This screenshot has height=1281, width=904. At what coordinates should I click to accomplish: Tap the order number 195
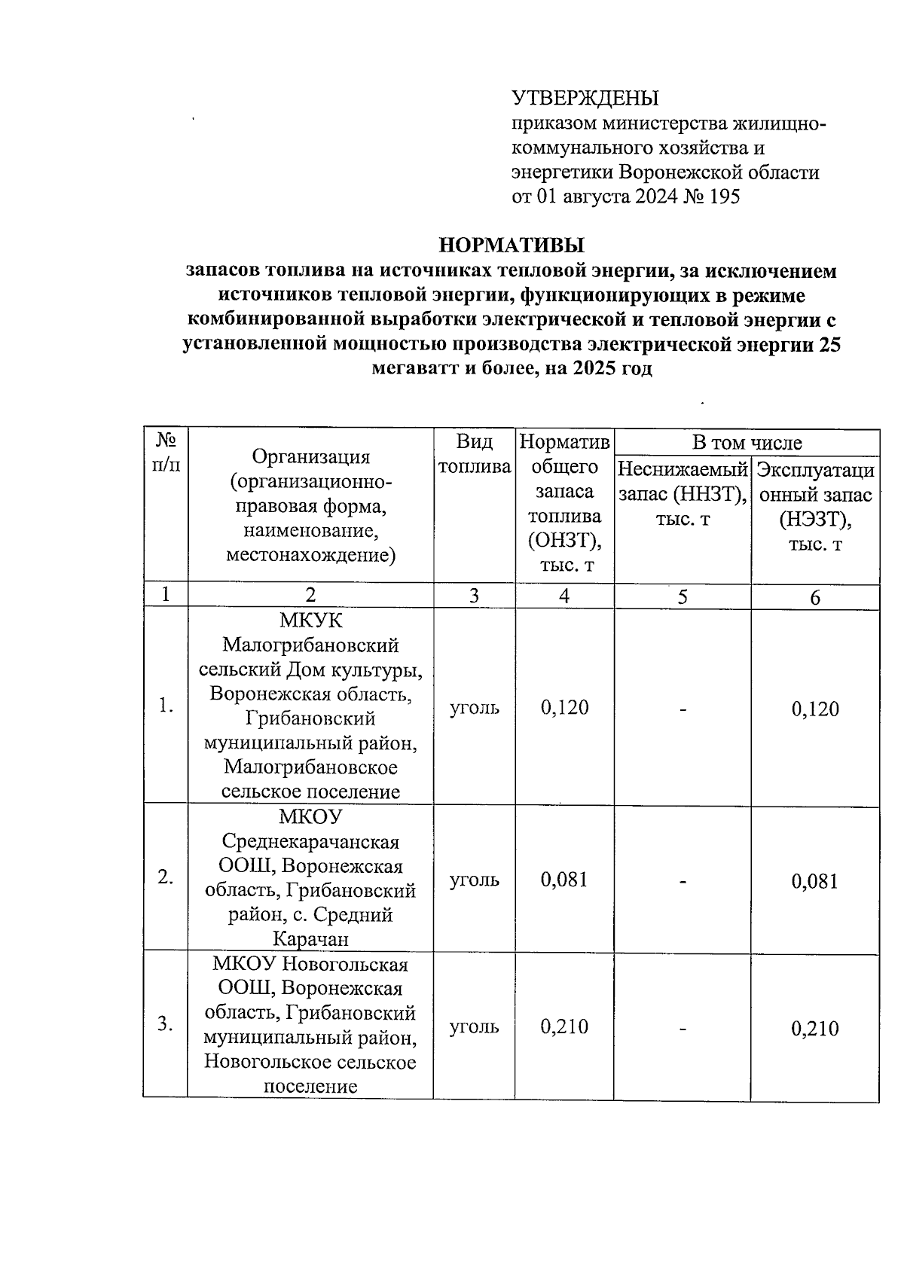click(725, 197)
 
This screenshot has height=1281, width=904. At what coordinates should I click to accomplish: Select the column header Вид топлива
click(475, 454)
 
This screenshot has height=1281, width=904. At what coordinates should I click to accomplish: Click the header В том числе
click(747, 443)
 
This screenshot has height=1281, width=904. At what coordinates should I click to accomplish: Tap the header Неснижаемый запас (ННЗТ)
click(683, 494)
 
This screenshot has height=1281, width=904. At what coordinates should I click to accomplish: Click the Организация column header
click(310, 506)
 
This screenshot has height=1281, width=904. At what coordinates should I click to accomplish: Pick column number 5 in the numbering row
click(683, 596)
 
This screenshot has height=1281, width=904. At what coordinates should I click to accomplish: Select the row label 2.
click(166, 877)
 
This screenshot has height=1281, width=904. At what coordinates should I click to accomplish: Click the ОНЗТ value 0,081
click(564, 880)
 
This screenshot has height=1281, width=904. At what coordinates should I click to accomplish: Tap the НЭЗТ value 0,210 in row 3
click(814, 1029)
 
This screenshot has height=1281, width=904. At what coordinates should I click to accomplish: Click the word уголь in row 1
click(475, 708)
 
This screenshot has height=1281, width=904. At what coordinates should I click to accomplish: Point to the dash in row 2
click(683, 880)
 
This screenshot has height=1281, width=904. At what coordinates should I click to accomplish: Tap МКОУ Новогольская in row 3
click(310, 965)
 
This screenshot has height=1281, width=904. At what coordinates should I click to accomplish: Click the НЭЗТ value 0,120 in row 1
click(814, 709)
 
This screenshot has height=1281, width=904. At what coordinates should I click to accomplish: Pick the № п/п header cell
click(166, 452)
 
